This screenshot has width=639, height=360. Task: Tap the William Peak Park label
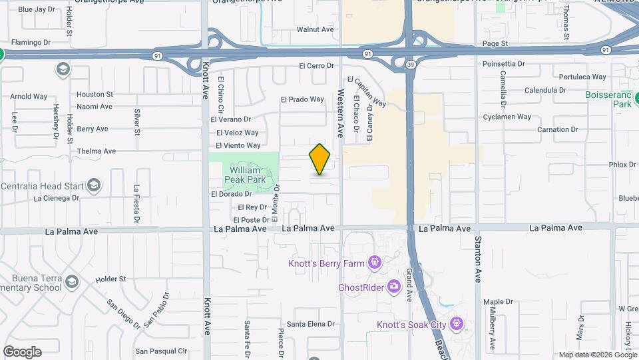point(244,175)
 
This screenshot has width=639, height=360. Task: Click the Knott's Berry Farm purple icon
point(375,263)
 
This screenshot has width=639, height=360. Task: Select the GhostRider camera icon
point(394,287)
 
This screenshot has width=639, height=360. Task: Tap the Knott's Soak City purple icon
point(456,324)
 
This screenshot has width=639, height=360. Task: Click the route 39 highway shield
point(411,64)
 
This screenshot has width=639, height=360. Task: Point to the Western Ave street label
point(340,113)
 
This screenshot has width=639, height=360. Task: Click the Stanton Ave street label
point(477,260)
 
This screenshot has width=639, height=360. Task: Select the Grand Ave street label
point(409,287)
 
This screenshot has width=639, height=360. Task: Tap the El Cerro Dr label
point(316,66)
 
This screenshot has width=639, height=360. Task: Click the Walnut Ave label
point(315,29)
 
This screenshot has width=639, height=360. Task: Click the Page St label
point(495,43)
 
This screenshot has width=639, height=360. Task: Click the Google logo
point(22,352)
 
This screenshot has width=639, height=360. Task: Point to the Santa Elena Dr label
point(310,324)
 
